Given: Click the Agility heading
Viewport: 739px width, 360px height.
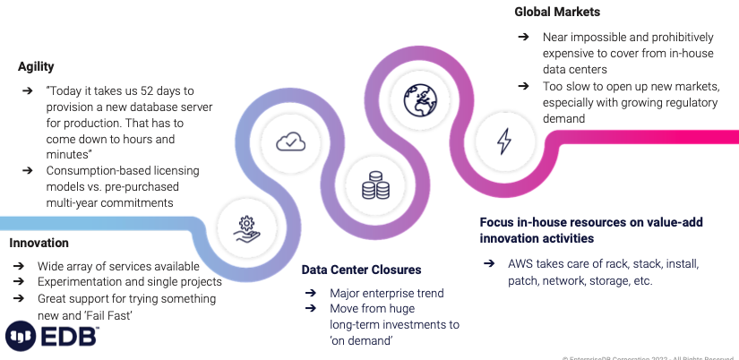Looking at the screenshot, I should (x=36, y=66).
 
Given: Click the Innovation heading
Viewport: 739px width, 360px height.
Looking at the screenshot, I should (x=39, y=243).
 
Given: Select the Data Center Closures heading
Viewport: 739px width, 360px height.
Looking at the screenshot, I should (x=361, y=269).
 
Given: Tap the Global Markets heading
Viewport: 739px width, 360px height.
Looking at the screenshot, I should (x=557, y=13).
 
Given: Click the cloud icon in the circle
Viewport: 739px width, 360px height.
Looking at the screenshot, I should (x=290, y=141).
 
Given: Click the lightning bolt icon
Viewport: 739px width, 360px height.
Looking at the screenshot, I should (x=503, y=141).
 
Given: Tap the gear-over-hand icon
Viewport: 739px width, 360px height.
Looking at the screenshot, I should (x=246, y=227).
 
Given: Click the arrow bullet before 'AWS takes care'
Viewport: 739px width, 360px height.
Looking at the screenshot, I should (x=489, y=264).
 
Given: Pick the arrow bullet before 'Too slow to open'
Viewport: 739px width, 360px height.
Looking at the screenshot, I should (x=523, y=86).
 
